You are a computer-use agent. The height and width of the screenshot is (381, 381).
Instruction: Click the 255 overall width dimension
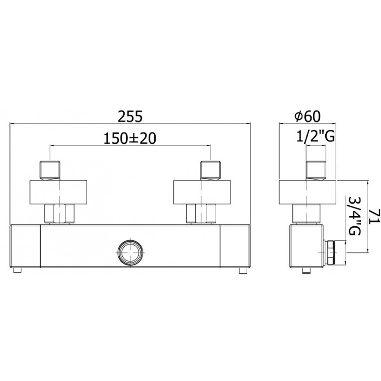pos(130,116)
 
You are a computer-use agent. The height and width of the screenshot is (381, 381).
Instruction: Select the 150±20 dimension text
pos(130,139)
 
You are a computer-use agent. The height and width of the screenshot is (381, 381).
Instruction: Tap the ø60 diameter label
pos(307,116)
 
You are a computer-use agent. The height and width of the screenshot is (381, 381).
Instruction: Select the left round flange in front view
pos(58,192)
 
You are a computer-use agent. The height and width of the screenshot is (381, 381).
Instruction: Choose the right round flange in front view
pos(202,192)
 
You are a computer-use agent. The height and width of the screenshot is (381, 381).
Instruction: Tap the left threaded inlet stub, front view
pos(50,170)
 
